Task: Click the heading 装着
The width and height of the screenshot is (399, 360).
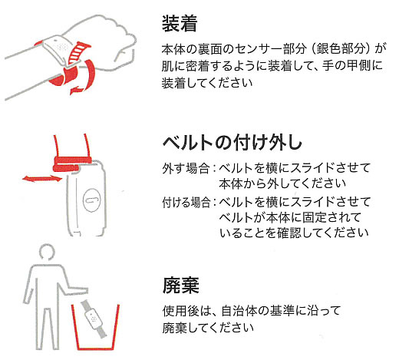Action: pyautogui.click(x=180, y=24)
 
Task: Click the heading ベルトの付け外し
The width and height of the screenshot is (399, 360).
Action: pyautogui.click(x=232, y=142)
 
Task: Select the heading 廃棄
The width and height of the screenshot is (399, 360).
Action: pyautogui.click(x=180, y=286)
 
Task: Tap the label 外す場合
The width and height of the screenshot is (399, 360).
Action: pyautogui.click(x=186, y=169)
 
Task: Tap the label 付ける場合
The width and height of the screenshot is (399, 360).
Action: pyautogui.click(x=186, y=202)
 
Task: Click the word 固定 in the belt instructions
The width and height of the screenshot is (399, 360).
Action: pyautogui.click(x=315, y=218)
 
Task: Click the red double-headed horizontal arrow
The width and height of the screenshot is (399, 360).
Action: pyautogui.click(x=42, y=178)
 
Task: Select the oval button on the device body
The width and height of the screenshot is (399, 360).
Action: pyautogui.click(x=91, y=200)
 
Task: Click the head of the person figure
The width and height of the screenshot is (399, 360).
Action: pyautogui.click(x=48, y=251)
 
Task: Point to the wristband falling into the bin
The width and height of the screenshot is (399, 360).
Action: pyautogui.click(x=94, y=319)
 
